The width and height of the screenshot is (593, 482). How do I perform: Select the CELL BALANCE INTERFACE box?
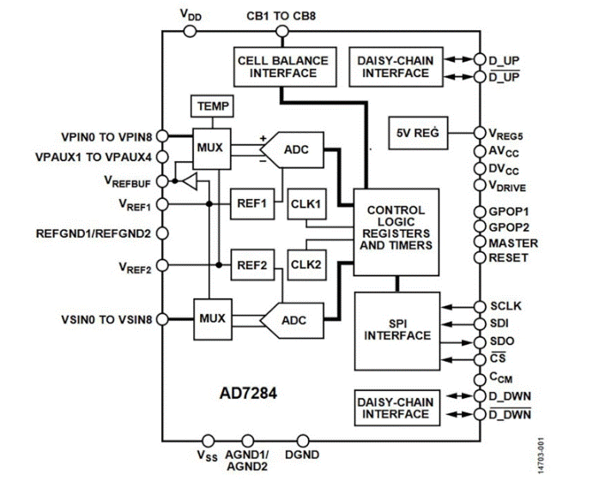282,65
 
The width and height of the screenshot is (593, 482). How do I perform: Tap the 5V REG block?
418,133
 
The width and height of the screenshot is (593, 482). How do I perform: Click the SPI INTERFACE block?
396,328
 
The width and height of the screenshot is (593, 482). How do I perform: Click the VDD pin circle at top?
190,32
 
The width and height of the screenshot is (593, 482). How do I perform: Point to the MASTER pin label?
512,243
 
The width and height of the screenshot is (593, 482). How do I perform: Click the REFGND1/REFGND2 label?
93,232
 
